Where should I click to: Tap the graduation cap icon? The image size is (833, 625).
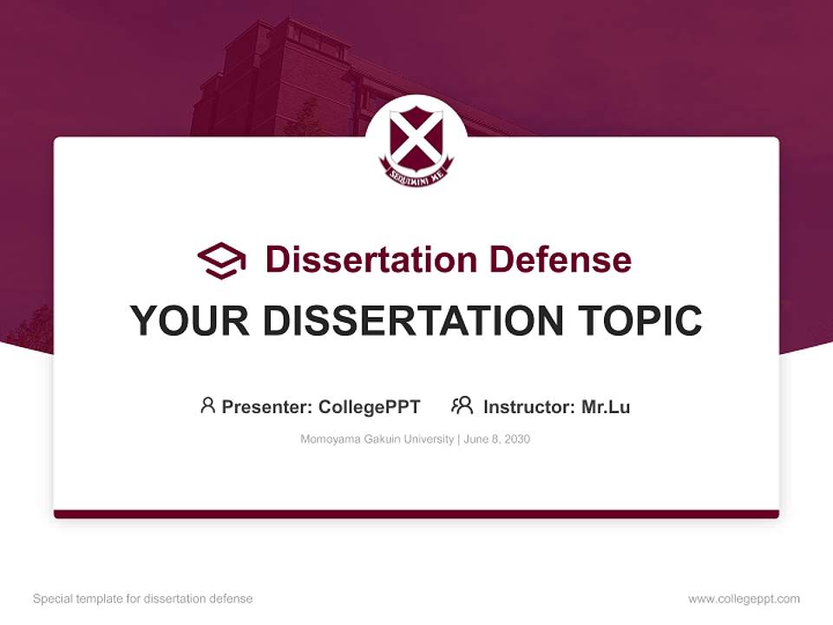[221, 260]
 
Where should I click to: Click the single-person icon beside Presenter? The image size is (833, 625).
[207, 405]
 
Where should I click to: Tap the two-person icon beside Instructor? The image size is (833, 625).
[462, 405]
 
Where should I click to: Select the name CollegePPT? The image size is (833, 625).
[369, 406]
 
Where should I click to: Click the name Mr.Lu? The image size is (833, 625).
[606, 406]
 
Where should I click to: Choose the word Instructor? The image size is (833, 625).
[528, 406]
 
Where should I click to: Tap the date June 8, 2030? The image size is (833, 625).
[497, 439]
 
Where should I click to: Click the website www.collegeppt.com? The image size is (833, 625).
[744, 599]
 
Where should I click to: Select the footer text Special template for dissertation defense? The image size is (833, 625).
[143, 599]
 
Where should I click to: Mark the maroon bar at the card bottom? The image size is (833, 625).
[416, 514]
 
